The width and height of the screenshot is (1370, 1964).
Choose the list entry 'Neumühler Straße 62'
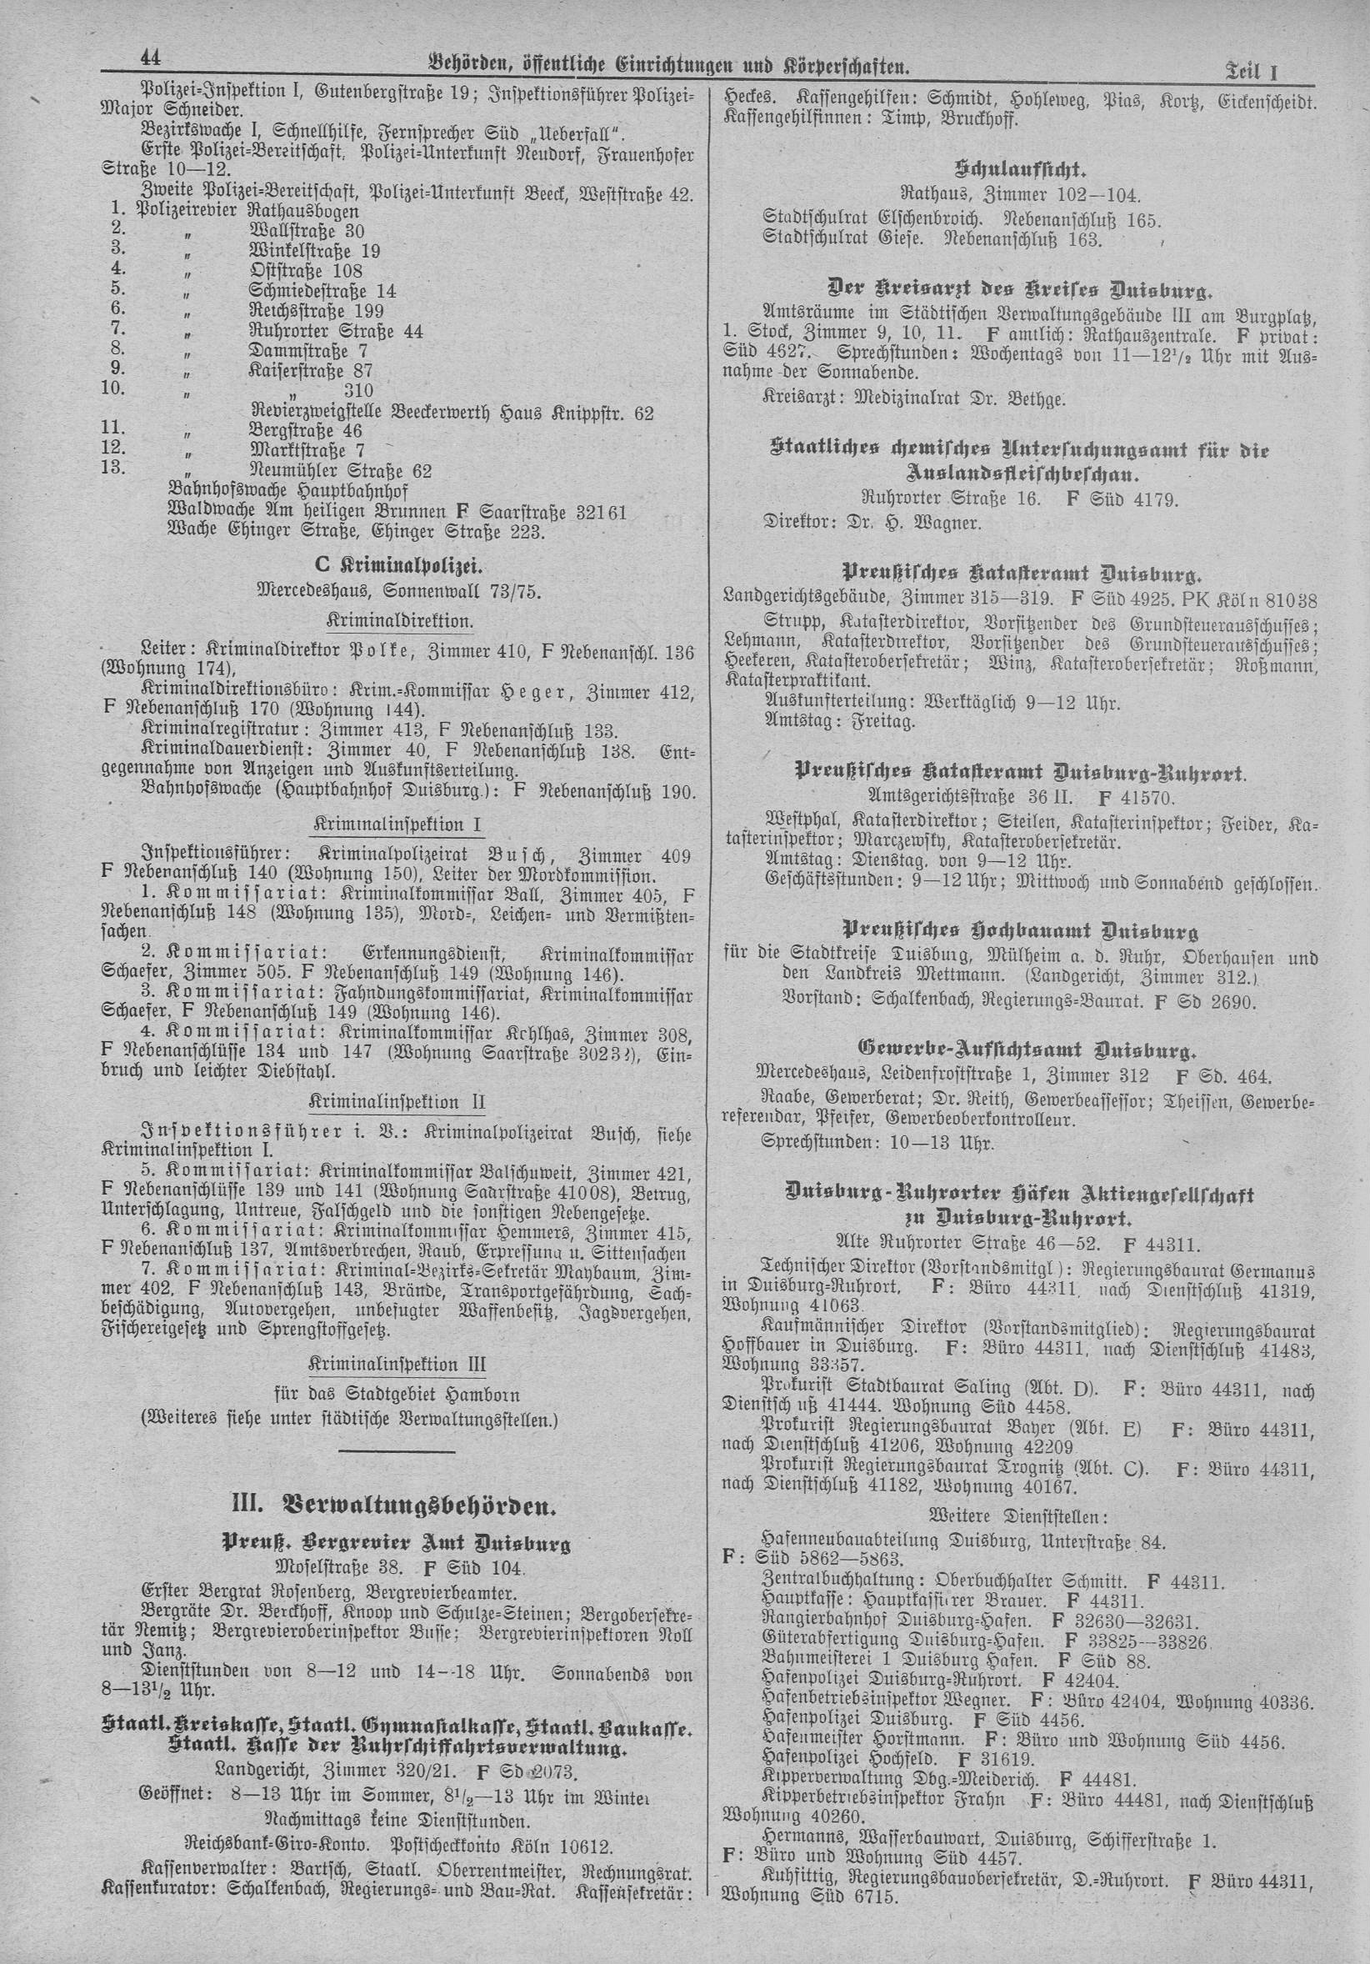point(339,471)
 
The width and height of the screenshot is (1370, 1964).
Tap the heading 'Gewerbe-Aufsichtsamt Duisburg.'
point(1014,1050)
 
